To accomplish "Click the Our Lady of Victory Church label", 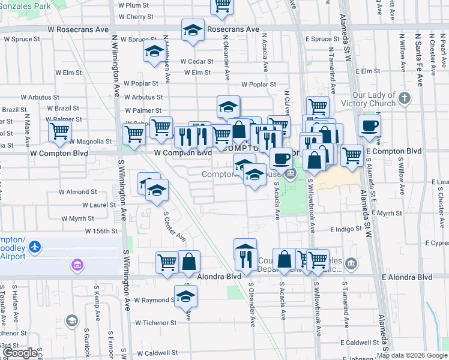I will (x=374, y=99).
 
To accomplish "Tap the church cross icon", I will (x=405, y=97).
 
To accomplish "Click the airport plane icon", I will (x=35, y=247).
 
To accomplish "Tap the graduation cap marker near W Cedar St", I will (x=154, y=52).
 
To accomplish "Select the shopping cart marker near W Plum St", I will (x=222, y=5).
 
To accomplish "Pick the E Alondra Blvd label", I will (x=407, y=277).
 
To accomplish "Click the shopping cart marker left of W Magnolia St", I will (x=59, y=131).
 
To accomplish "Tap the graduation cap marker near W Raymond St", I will (x=185, y=296).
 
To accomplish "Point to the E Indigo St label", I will (x=346, y=229).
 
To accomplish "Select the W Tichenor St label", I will (x=155, y=322).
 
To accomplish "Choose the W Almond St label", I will (x=77, y=192).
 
